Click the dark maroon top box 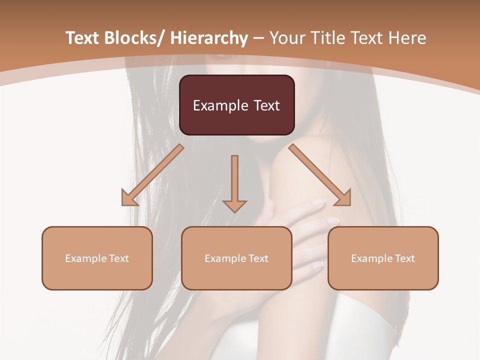[236, 105]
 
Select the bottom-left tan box [97, 258]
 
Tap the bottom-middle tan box [236, 258]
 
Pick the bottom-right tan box [383, 258]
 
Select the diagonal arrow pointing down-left [152, 175]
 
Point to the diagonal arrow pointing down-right [320, 175]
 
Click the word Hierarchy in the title [209, 38]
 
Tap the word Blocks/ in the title [135, 38]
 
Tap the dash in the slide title [258, 38]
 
